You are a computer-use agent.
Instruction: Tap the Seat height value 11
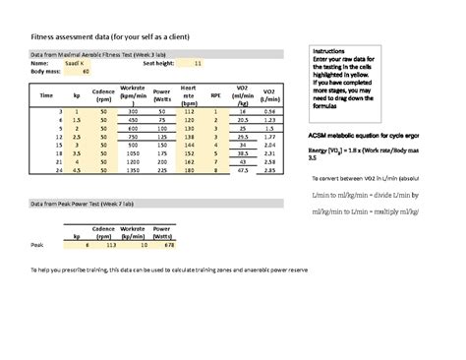point(198,63)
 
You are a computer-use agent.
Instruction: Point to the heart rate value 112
point(188,113)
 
